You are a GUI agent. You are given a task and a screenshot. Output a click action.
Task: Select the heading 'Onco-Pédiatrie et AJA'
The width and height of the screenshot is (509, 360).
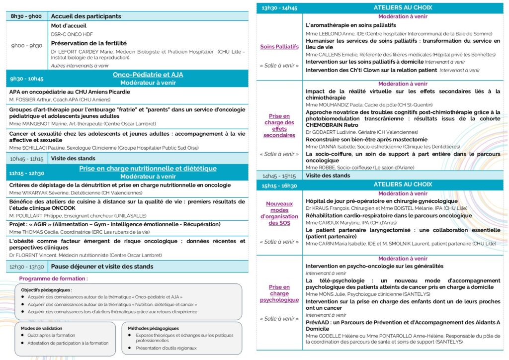point(148,75)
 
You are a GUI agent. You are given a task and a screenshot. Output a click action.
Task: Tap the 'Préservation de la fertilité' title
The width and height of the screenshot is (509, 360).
point(89,43)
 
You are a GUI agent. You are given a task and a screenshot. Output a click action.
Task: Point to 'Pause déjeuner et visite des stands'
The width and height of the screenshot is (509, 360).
point(102,267)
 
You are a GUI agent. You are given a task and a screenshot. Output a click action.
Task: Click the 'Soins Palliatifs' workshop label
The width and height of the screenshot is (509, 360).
point(279,47)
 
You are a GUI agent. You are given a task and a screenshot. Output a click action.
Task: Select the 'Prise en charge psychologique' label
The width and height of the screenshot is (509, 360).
point(279,293)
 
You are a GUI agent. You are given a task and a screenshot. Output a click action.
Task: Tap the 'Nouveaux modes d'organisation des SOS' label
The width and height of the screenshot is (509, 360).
point(279,213)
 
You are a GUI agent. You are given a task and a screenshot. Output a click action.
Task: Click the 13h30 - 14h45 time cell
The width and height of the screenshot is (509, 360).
point(279,7)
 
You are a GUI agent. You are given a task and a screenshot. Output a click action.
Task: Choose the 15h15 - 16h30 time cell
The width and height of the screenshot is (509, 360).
point(279,185)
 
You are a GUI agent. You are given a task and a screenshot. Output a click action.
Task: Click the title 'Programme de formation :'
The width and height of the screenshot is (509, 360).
point(53,278)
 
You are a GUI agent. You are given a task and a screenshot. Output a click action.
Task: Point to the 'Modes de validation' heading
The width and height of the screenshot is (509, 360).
point(42,328)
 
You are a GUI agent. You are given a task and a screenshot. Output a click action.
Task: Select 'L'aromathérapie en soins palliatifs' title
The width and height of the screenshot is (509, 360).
point(350,25)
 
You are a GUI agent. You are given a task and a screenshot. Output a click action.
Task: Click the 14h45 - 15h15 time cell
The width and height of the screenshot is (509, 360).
point(279,176)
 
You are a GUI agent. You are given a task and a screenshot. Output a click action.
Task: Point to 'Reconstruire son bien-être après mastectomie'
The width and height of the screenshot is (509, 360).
point(366,140)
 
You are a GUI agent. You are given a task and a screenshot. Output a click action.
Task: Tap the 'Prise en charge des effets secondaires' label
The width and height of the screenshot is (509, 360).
point(279,125)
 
